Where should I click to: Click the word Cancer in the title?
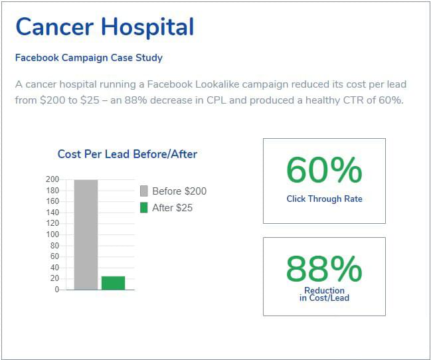point(55,27)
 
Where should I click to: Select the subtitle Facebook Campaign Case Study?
point(89,58)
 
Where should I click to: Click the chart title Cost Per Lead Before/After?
point(128,154)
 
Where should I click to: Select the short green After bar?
point(113,283)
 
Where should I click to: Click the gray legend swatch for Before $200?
point(144,191)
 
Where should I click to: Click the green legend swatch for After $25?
point(144,208)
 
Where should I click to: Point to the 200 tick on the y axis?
point(52,179)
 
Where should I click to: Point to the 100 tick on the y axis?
point(52,234)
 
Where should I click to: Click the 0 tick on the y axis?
point(56,290)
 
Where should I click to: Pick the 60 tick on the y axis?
point(54,256)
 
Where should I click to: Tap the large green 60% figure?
point(324,171)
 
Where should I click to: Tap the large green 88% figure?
point(324,269)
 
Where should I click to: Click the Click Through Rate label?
point(324,199)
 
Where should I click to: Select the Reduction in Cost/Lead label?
point(324,294)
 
